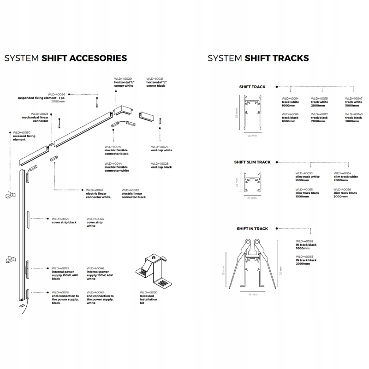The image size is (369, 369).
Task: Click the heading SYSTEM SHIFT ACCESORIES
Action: [x=65, y=58]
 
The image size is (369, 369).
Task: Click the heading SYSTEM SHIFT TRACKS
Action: [x=258, y=58]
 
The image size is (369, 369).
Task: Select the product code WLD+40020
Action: [x=123, y=79]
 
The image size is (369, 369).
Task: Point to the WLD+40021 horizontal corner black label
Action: [x=156, y=82]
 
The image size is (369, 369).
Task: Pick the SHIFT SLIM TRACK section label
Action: [x=252, y=162]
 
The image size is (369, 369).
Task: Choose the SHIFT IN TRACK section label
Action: [x=252, y=229]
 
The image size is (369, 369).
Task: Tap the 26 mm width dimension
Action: [x=251, y=136]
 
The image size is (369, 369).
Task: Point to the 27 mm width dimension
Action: [x=251, y=197]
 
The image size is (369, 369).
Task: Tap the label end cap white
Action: [x=161, y=150]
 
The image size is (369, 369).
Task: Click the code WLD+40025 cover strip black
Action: [x=60, y=219]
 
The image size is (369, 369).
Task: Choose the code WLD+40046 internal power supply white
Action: [x=95, y=268]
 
